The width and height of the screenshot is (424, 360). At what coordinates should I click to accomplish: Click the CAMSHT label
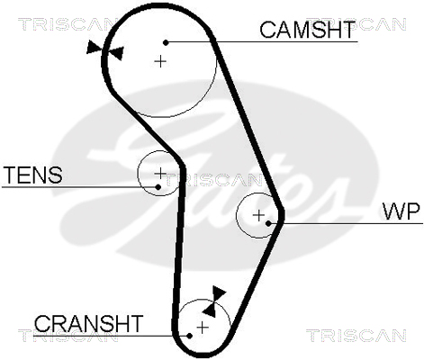click(x=307, y=30)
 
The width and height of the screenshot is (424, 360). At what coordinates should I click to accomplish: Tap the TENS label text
click(x=32, y=175)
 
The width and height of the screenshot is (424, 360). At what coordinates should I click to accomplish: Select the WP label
click(x=401, y=211)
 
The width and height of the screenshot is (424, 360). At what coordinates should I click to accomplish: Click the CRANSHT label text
click(x=88, y=323)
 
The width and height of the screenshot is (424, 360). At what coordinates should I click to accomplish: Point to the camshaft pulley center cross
click(x=160, y=61)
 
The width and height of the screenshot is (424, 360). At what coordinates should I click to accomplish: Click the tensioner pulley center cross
click(x=160, y=173)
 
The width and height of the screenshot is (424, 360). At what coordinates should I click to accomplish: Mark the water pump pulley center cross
click(x=258, y=215)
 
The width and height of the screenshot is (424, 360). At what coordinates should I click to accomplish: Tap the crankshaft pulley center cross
click(x=203, y=327)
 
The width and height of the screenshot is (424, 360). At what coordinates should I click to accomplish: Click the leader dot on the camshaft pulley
click(x=166, y=42)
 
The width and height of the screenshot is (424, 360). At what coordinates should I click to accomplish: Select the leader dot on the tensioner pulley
click(x=158, y=187)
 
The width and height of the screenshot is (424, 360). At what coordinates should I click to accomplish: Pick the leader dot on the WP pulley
click(x=268, y=223)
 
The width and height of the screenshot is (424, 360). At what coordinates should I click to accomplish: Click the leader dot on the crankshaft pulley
click(x=189, y=336)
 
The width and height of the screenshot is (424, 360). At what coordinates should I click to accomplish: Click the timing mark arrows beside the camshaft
click(x=105, y=50)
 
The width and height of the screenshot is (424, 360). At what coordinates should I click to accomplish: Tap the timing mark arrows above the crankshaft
click(x=214, y=301)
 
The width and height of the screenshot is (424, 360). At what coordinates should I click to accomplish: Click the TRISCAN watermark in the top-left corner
click(x=66, y=24)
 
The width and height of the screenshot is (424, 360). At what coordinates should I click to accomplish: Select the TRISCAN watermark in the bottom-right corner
click(x=356, y=336)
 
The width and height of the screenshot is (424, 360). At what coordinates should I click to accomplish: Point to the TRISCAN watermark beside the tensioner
click(x=213, y=180)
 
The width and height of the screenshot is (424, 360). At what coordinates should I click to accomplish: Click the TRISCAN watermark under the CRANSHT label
click(x=68, y=336)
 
